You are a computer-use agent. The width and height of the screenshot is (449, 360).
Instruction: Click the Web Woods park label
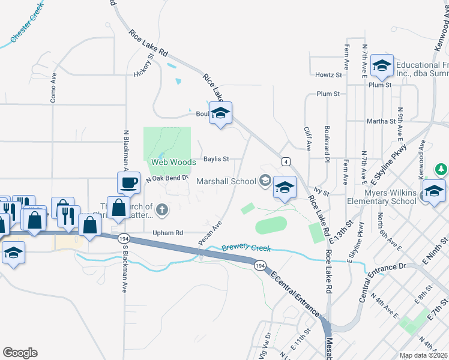click(x=173, y=162)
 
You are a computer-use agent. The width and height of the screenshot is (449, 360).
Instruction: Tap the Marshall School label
click(x=226, y=181)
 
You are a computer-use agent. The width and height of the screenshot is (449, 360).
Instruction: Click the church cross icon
click(x=161, y=210)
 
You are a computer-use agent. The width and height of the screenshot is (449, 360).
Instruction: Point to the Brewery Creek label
click(x=246, y=248)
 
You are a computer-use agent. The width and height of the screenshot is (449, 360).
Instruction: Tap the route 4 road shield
click(x=286, y=161)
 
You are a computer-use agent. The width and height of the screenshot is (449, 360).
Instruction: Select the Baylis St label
click(x=216, y=159)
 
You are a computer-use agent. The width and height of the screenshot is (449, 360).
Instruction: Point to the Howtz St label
click(x=328, y=75)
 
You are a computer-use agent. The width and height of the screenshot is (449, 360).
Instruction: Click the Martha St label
click(x=381, y=121)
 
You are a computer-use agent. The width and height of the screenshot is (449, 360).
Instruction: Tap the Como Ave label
click(x=53, y=87)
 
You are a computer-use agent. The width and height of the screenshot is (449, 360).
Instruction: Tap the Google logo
click(x=20, y=353)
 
